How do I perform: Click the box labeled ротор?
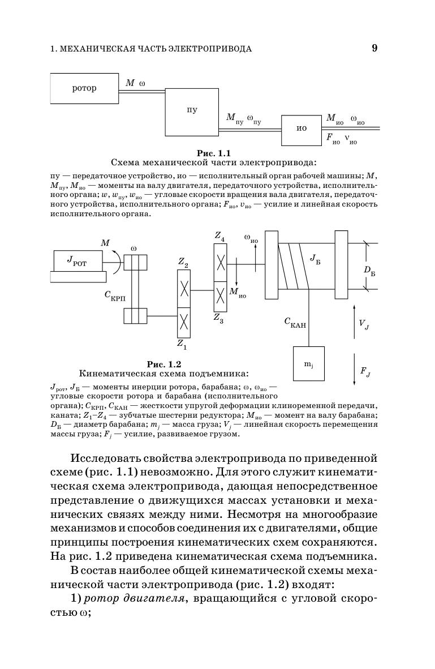coord(84,88)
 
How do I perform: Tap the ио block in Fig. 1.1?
coord(302,128)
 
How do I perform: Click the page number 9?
coord(374,48)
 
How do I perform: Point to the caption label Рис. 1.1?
coord(213,153)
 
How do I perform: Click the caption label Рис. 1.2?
coord(164,364)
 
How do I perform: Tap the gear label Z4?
coord(219,237)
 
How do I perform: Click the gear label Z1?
coord(182,344)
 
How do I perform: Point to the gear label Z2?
coord(183,262)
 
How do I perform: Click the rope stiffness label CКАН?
coord(295,323)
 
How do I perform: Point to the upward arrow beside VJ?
coord(354,321)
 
